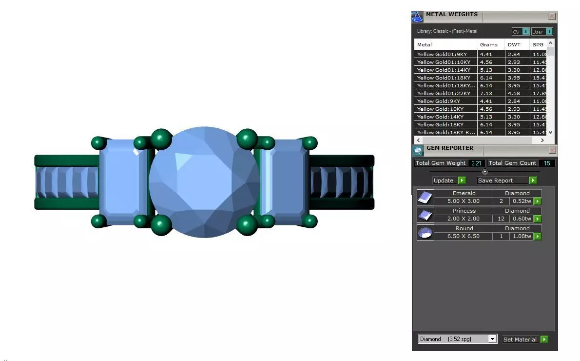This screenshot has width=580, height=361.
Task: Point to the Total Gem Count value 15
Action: point(547,163)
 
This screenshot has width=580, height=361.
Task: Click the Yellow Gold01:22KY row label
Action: point(444,93)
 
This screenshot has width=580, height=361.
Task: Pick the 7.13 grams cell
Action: point(486,93)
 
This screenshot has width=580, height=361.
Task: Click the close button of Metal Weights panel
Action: point(552,17)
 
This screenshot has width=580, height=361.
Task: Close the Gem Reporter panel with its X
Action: point(552,150)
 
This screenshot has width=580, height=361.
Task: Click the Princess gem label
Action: point(464,211)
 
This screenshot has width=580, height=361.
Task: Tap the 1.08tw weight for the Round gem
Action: point(521,236)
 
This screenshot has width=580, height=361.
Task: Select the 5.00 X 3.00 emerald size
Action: point(463,201)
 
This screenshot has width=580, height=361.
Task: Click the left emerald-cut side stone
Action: point(123,182)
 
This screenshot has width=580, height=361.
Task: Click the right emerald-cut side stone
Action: point(286,182)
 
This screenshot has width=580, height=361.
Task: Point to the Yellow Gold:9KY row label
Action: point(439,101)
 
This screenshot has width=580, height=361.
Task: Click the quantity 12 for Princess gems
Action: point(501,219)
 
